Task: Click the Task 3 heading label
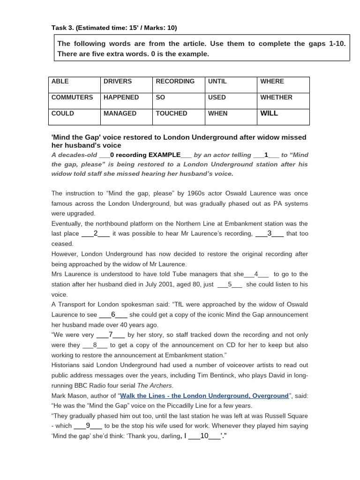[114, 28]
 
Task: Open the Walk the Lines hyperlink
[204, 396]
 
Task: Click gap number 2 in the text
[96, 233]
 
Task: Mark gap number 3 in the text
[270, 233]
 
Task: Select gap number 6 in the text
[113, 315]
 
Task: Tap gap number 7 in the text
[111, 335]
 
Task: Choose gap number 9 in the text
[88, 426]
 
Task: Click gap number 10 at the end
[204, 436]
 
